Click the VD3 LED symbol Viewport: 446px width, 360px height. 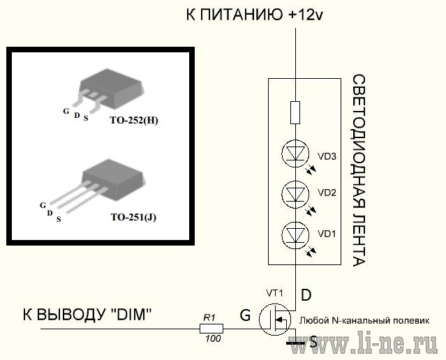[295, 153]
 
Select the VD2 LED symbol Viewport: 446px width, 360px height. [295, 195]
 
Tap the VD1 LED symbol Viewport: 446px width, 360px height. [295, 235]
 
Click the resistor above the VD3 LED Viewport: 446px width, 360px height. [295, 112]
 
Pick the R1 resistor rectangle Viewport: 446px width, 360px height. [211, 329]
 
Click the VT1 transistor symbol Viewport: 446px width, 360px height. [275, 320]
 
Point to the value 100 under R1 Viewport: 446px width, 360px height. [213, 338]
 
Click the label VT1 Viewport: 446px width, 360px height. [274, 293]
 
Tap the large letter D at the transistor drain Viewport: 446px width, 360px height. [306, 295]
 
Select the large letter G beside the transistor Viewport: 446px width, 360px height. [245, 315]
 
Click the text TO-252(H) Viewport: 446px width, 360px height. [134, 121]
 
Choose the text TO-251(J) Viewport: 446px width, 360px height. [133, 218]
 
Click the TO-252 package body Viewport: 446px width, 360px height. [111, 89]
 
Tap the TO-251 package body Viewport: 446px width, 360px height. [112, 180]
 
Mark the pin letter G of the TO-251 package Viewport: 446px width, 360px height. [43, 205]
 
